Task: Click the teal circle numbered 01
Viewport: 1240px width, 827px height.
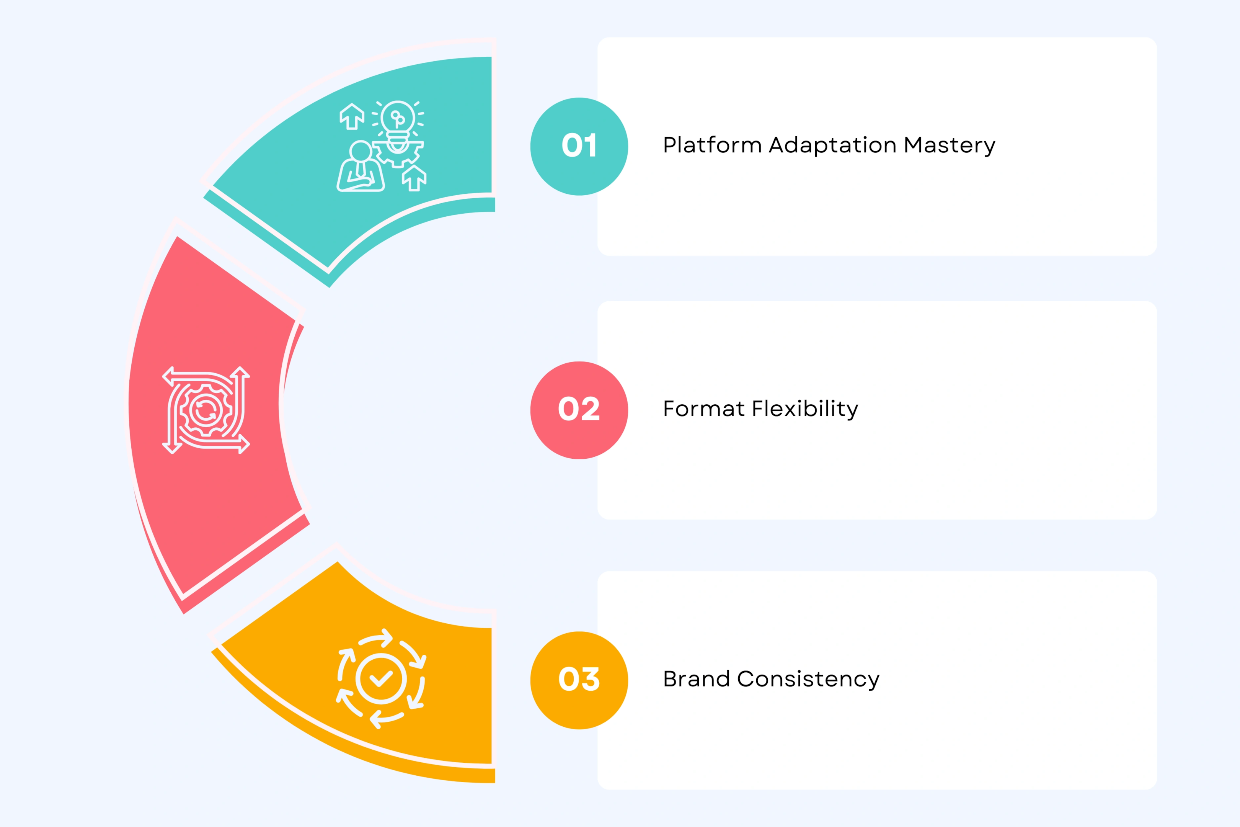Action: click(579, 146)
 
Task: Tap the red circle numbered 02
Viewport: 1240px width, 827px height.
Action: click(579, 410)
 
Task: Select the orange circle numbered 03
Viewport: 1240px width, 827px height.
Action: click(579, 680)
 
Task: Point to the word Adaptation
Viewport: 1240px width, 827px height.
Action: click(832, 145)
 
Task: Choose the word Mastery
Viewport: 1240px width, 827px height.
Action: click(949, 145)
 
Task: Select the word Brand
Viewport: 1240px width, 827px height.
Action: click(696, 679)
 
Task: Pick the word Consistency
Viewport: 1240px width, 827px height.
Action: click(808, 679)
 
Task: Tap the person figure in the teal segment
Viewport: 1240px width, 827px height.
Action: click(361, 168)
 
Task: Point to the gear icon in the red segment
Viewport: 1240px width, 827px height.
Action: click(206, 410)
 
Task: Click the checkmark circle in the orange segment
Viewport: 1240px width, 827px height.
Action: click(381, 679)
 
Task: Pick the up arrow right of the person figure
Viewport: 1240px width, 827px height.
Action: click(414, 178)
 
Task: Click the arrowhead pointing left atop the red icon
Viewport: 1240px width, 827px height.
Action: click(168, 376)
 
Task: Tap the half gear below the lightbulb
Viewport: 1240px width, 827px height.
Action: click(398, 152)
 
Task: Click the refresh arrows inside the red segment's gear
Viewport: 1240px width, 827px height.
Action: click(206, 410)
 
